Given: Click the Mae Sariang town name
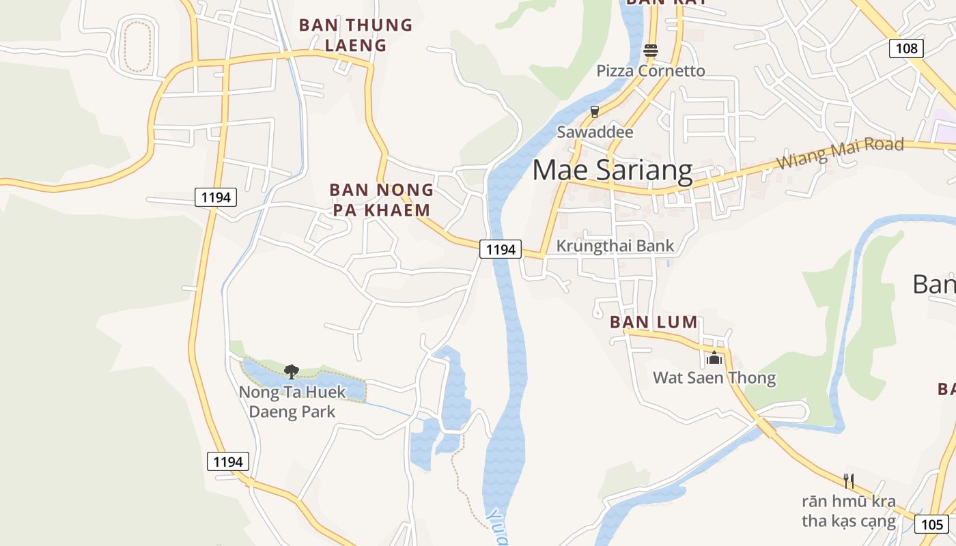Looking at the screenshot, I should (x=612, y=170).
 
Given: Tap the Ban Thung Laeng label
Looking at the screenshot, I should (x=356, y=35).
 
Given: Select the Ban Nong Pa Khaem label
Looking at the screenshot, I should (x=381, y=199).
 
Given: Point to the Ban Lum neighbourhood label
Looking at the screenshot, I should (x=653, y=322).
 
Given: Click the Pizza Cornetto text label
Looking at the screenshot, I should (x=650, y=71).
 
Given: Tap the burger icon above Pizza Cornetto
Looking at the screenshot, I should (x=650, y=50).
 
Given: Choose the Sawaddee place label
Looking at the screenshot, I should (x=595, y=132).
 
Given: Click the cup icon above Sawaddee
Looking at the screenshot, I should (x=594, y=111).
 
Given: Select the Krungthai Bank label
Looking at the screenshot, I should (x=615, y=246).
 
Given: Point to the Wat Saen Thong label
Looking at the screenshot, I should (x=714, y=378).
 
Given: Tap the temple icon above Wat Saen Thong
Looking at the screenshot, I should (x=714, y=357).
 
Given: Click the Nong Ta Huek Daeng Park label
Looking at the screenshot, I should (x=292, y=402).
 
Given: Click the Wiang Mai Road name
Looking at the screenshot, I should (x=841, y=153).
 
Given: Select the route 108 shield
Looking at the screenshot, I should (x=906, y=48).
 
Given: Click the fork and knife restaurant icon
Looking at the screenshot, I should (x=849, y=481).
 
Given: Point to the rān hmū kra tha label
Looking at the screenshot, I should (x=849, y=511).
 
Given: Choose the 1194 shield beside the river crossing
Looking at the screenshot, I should (x=501, y=250).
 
